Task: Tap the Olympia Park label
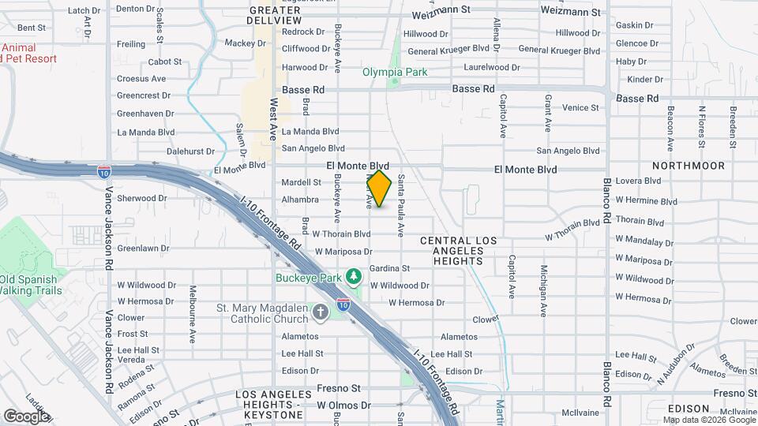point(395,72)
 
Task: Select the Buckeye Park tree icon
point(355,275)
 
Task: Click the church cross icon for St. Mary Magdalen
point(321,313)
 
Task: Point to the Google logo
point(25,416)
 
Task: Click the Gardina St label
point(389,268)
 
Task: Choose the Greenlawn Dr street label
point(144,248)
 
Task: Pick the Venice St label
point(580,107)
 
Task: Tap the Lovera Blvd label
point(637,181)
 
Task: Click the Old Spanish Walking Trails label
point(30,285)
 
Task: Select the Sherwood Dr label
point(137,198)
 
